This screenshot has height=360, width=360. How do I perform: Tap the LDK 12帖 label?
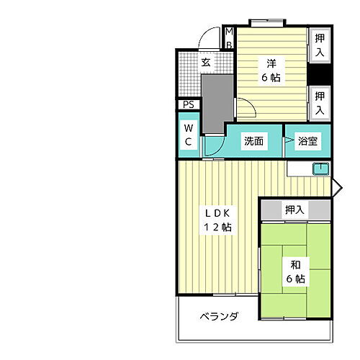coord(215,220)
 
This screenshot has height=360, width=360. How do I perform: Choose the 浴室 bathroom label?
coord(308,142)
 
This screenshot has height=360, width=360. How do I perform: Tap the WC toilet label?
coord(188,135)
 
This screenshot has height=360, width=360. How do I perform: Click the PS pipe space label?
coord(189,105)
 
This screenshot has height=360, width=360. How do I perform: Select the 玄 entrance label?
coord(206,63)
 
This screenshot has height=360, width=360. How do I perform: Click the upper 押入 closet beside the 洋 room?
coord(320,46)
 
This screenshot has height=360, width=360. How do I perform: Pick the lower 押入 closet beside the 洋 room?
coord(320,102)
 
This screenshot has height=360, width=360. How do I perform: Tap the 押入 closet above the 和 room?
coord(294,210)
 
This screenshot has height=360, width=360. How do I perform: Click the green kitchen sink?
coord(320,169)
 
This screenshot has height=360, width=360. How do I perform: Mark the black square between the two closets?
coord(320,74)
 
